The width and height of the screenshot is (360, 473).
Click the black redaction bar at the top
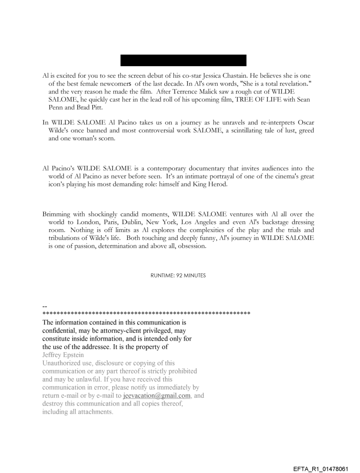pyautogui.click(x=184, y=60)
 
